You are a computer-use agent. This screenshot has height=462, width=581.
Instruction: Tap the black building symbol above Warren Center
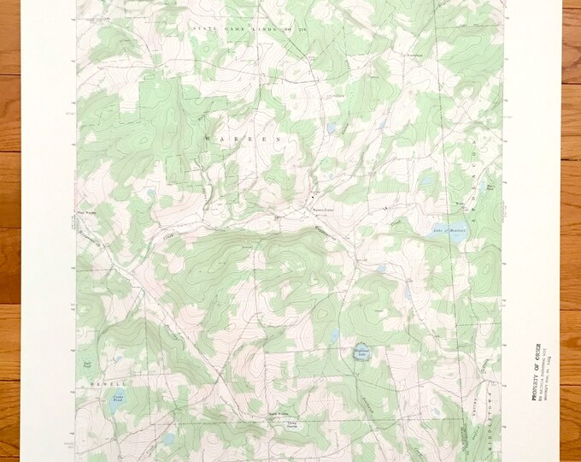(x=311, y=198)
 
